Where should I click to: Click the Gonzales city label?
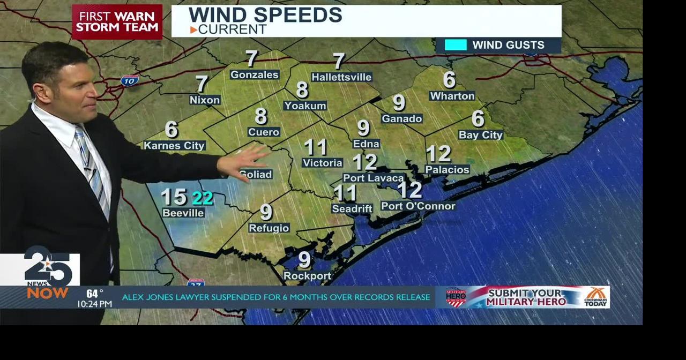tap(255, 74)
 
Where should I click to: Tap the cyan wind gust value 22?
tap(203, 198)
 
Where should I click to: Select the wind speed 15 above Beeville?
tap(174, 197)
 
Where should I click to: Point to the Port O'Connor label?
tap(418, 206)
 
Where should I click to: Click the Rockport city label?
tap(307, 276)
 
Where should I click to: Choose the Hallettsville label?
tap(341, 77)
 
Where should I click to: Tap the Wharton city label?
tap(452, 96)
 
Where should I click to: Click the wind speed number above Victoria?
tap(315, 147)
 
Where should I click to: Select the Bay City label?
tap(480, 135)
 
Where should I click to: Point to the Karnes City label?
tap(174, 145)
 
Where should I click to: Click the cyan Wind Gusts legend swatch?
tap(456, 45)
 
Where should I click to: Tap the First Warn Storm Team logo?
tap(117, 22)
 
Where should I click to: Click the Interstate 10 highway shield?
tap(129, 80)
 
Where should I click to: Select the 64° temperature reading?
tap(94, 294)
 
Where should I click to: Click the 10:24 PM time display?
tap(94, 304)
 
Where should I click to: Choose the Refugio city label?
tap(269, 228)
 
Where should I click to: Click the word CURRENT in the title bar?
tap(232, 29)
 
